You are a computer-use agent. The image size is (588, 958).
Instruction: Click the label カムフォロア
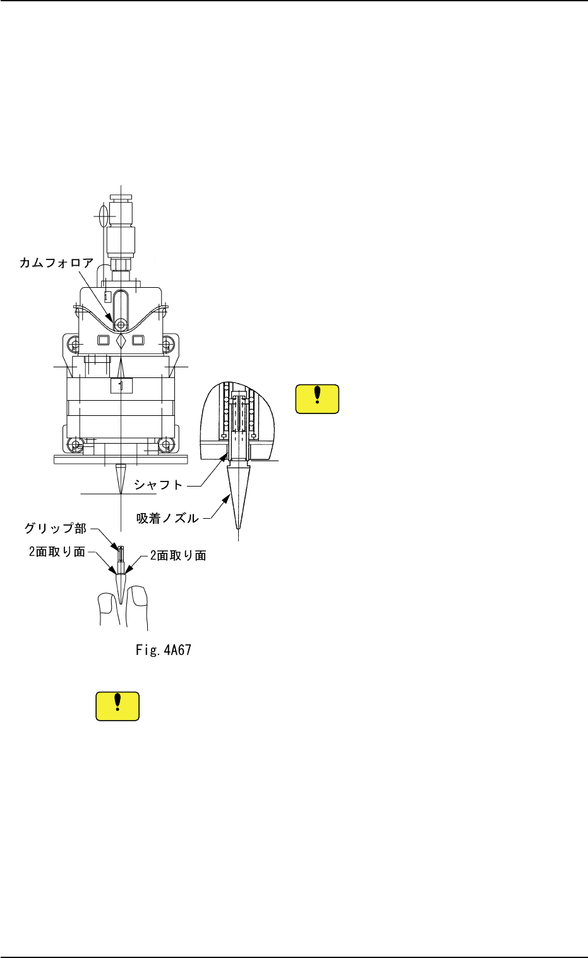pyautogui.click(x=56, y=263)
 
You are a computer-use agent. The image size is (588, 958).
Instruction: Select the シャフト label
pyautogui.click(x=158, y=485)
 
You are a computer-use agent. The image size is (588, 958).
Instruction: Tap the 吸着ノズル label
pyautogui.click(x=167, y=519)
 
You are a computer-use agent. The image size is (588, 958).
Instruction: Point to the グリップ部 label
pyautogui.click(x=56, y=528)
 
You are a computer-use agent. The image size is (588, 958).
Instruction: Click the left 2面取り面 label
pyautogui.click(x=57, y=552)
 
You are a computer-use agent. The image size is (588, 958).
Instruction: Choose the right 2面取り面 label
pyautogui.click(x=178, y=555)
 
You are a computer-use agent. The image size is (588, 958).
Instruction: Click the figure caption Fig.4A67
pyautogui.click(x=164, y=649)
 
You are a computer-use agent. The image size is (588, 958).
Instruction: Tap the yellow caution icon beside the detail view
pyautogui.click(x=317, y=399)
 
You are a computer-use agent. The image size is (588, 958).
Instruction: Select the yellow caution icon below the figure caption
pyautogui.click(x=117, y=706)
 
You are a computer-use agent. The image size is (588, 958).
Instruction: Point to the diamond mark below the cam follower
pyautogui.click(x=121, y=341)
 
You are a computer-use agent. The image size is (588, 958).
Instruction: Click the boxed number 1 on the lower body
pyautogui.click(x=121, y=385)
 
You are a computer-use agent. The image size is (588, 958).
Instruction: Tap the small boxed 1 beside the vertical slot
pyautogui.click(x=108, y=296)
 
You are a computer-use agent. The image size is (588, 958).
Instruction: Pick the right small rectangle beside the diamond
pyautogui.click(x=138, y=340)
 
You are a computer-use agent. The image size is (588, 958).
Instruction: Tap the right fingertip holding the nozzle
pyautogui.click(x=137, y=606)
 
